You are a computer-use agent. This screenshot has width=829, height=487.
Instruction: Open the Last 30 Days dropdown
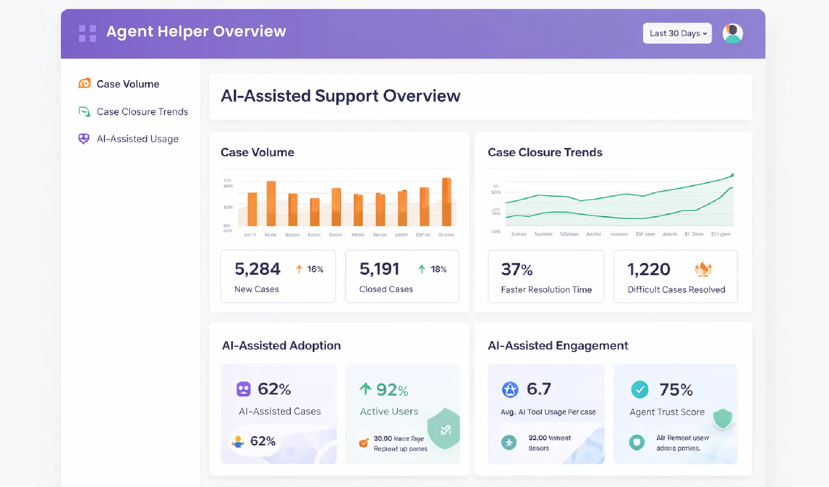pos(677,33)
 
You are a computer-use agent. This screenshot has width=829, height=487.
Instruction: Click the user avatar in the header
pos(732,33)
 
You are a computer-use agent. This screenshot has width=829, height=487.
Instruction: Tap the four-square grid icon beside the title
pos(87,33)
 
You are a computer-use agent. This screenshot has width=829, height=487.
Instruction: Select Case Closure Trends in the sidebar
pos(142,112)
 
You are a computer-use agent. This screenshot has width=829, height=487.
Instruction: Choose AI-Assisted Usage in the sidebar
pos(137,139)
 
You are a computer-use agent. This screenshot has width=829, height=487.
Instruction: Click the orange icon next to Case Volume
pos(85,84)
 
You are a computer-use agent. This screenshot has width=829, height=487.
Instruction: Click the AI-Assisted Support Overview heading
pos(340,96)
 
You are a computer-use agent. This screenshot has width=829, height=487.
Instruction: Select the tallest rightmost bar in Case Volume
pos(446,202)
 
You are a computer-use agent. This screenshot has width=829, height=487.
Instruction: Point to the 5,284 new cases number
pos(257,269)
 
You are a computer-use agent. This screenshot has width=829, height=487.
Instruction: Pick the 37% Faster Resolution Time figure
pos(516,270)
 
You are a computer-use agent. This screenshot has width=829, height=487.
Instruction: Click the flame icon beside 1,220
pos(703,269)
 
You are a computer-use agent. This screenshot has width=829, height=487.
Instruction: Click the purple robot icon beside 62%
pos(244,389)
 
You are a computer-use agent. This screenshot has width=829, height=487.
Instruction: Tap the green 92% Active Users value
pos(392,390)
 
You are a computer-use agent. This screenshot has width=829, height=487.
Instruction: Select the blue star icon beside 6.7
pos(510,390)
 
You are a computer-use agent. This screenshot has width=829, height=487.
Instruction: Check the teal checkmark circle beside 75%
pos(640,390)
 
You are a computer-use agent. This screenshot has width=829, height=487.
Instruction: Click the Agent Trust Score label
pos(667,412)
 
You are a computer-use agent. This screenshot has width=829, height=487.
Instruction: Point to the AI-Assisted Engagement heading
pos(558,346)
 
